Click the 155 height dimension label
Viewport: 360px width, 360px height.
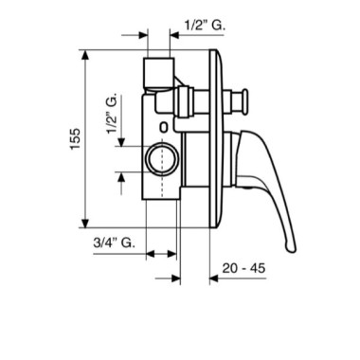point(76,139)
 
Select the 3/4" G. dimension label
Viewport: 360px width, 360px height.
point(114,243)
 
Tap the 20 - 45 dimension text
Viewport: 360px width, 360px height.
point(243,268)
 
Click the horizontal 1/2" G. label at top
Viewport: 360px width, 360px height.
point(205,26)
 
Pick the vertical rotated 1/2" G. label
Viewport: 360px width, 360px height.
point(112,114)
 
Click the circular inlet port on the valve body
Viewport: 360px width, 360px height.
point(162,159)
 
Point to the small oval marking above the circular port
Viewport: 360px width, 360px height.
point(164,127)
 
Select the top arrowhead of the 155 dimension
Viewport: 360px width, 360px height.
point(84,55)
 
